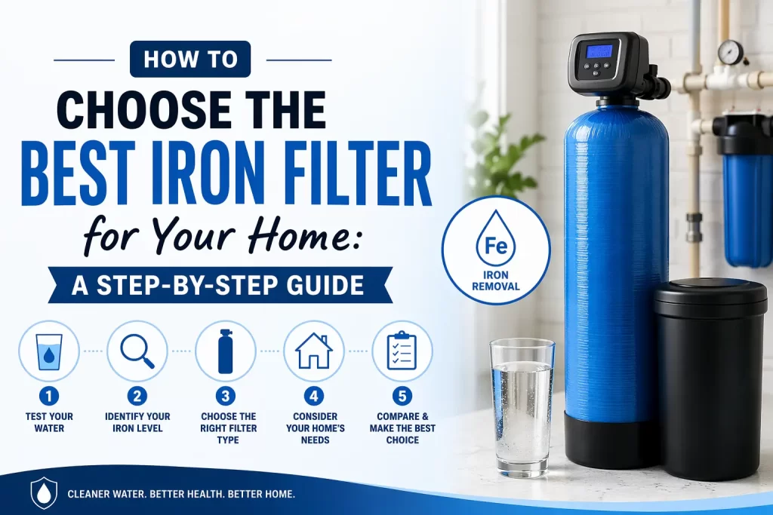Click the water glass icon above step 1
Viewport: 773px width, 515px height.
(x=49, y=351)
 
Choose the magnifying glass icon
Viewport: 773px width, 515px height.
(x=137, y=351)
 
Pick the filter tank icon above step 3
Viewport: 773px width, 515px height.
(x=225, y=351)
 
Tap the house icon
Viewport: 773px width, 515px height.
(x=313, y=351)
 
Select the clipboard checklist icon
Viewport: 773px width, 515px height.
(x=402, y=351)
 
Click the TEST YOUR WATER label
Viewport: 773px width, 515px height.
(x=49, y=422)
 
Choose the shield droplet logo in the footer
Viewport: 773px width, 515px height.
(x=43, y=493)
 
